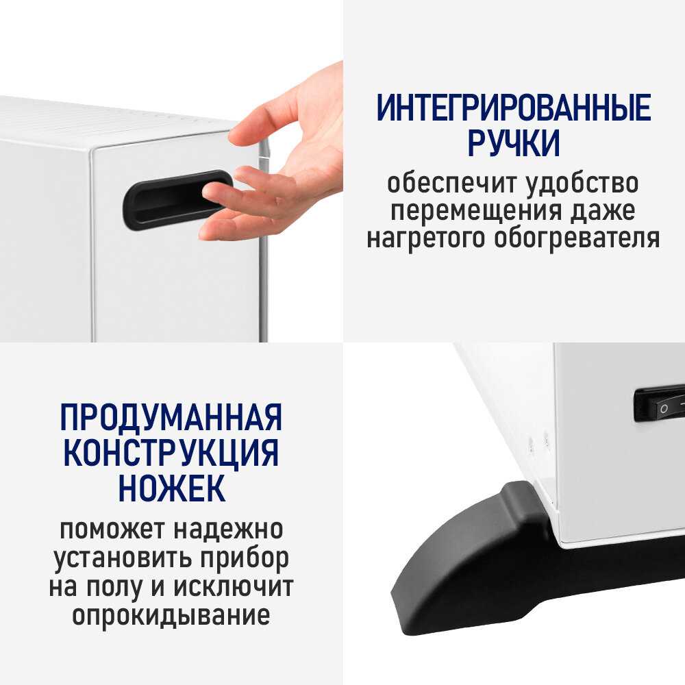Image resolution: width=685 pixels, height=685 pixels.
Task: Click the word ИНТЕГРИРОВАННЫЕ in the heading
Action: coord(513,108)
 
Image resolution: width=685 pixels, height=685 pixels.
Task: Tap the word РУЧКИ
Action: coord(514,143)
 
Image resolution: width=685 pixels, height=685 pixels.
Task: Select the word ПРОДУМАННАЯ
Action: coord(171,417)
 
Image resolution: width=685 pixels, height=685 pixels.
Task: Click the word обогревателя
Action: coord(577,239)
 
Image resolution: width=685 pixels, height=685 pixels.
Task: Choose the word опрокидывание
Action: coord(171,615)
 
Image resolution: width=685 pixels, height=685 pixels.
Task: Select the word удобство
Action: coord(582,183)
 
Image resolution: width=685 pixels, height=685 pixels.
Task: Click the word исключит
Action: coord(234,586)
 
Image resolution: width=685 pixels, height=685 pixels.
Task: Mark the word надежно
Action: coord(229,530)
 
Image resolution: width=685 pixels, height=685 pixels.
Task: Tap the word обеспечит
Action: coord(453,183)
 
